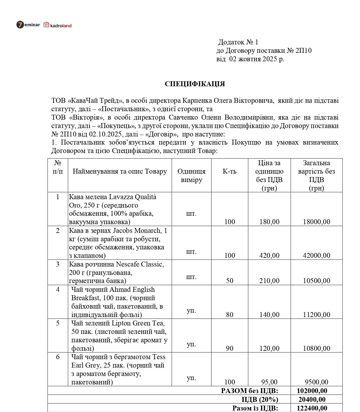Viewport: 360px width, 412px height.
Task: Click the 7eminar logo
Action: (x=28, y=25)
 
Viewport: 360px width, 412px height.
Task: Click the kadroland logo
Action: (x=57, y=25)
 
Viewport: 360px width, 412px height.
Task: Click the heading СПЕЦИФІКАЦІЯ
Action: (x=195, y=84)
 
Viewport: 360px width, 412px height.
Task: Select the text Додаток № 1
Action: (x=238, y=42)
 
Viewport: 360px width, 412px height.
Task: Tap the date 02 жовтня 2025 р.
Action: (x=256, y=59)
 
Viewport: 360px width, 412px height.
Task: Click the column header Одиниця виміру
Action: (x=191, y=175)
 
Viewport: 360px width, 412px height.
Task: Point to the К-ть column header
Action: (x=229, y=171)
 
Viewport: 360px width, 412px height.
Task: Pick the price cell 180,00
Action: (x=269, y=222)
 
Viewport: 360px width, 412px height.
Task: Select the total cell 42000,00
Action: (x=316, y=256)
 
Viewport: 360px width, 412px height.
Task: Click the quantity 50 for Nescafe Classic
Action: (x=229, y=281)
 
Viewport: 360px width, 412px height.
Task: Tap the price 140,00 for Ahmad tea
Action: (x=269, y=315)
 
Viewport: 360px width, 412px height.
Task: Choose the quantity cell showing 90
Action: (x=229, y=348)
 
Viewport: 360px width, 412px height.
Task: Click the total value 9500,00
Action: (x=316, y=382)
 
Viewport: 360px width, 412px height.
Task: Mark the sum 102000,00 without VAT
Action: (x=312, y=391)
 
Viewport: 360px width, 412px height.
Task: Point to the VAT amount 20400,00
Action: (x=312, y=400)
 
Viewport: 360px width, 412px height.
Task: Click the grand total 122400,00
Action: (x=312, y=408)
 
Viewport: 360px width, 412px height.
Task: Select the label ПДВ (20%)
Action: (x=260, y=400)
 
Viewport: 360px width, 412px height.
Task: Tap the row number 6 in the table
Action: (x=58, y=357)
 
